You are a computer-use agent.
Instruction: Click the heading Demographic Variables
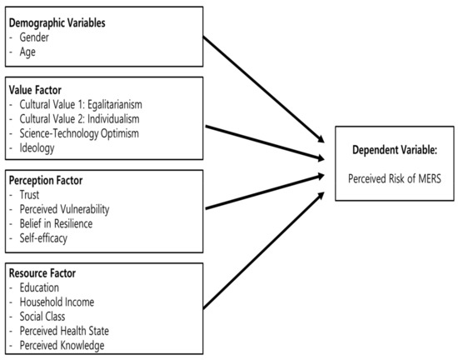57,23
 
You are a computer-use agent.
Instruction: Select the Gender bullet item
34,37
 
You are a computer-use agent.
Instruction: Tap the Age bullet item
27,52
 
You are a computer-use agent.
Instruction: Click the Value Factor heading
35,90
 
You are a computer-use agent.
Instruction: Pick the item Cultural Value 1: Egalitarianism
81,105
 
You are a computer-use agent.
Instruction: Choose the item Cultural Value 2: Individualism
79,119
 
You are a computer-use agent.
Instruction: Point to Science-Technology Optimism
79,133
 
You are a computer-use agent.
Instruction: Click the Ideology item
37,148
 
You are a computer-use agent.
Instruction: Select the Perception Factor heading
46,181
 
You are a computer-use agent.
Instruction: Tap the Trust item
29,195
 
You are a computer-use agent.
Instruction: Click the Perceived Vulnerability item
64,209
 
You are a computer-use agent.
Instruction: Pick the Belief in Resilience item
56,224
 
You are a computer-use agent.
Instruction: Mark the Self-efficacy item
43,238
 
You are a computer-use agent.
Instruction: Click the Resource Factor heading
42,273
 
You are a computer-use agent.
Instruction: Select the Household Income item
57,302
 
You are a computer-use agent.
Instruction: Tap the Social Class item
42,317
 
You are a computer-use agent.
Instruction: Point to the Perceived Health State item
64,331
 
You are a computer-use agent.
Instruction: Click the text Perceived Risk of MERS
395,178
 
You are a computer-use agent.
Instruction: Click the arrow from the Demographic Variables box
263,89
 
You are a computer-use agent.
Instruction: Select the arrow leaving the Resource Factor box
263,250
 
